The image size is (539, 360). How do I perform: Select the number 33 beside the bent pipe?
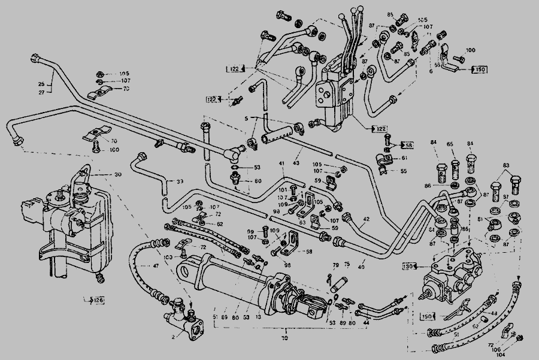click(x=179, y=181)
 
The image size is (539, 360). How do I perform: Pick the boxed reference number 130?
click(x=409, y=265)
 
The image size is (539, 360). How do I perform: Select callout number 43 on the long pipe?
click(x=296, y=163)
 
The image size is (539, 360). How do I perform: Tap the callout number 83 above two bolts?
click(x=506, y=165)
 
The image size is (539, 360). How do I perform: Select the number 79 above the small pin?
click(x=335, y=264)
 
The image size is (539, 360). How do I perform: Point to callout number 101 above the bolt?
click(x=283, y=189)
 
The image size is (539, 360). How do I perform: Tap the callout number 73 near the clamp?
click(x=126, y=89)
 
